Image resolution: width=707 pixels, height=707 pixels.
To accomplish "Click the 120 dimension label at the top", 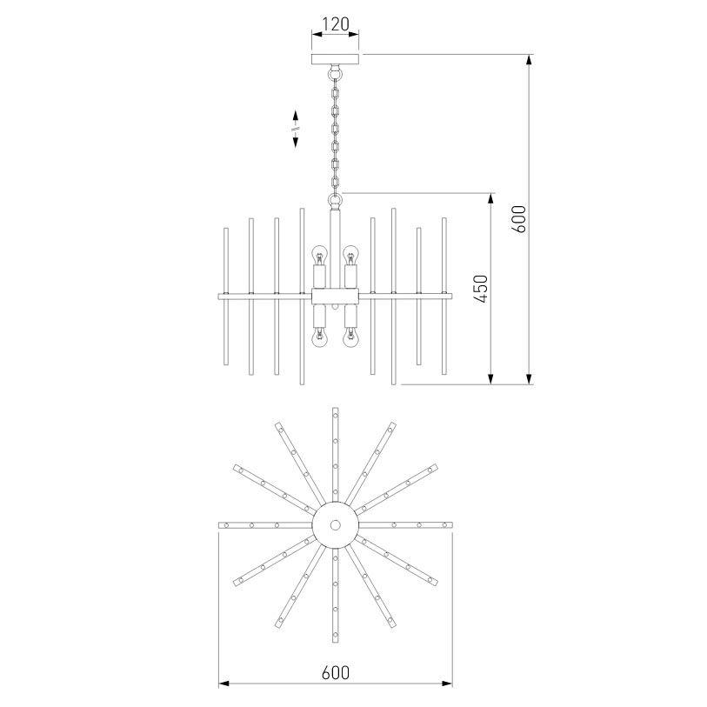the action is click(336, 23).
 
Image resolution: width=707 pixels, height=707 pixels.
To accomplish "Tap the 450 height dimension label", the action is click(481, 289).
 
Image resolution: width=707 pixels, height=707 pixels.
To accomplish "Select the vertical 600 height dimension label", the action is click(519, 218).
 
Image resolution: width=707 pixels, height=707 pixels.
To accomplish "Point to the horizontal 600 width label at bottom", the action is click(336, 673).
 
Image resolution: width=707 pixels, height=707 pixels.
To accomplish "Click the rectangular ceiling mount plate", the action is click(336, 59).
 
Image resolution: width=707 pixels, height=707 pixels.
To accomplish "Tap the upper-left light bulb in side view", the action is click(319, 256).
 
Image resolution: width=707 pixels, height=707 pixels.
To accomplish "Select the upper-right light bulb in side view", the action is click(350, 256).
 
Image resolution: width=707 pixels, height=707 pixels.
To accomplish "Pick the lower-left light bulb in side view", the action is click(319, 337).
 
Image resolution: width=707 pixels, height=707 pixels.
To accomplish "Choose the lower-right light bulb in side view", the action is click(350, 337).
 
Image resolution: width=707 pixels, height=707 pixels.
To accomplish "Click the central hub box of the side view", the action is click(336, 297).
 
